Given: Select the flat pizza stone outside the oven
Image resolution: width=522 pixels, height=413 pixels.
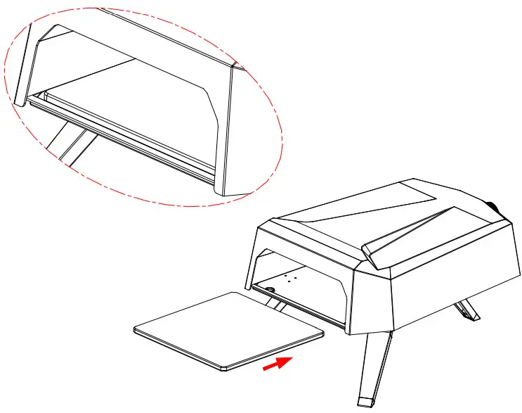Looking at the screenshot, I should pyautogui.click(x=228, y=328).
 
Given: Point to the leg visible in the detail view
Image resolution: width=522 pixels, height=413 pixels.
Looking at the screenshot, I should pyautogui.click(x=67, y=141).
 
